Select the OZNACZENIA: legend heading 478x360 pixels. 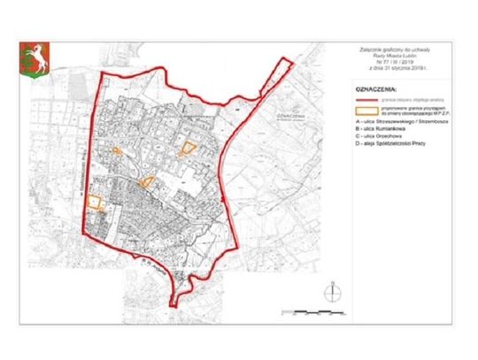pyautogui.click(x=377, y=91)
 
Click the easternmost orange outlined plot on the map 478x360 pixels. pyautogui.click(x=187, y=149)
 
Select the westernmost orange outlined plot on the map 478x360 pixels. pyautogui.click(x=95, y=203)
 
